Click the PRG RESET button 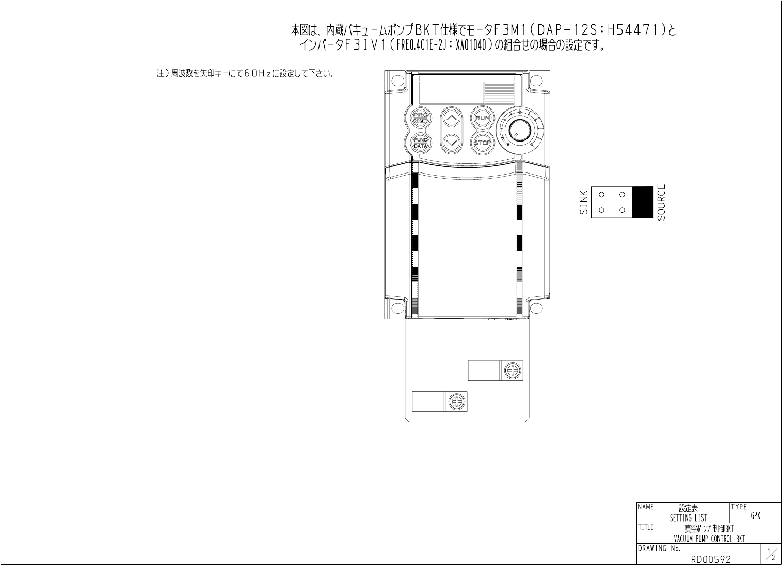point(420,118)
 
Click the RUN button point(483,118)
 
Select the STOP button point(483,143)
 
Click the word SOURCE point(661,202)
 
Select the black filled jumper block point(643,202)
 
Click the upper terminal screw point(513,370)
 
